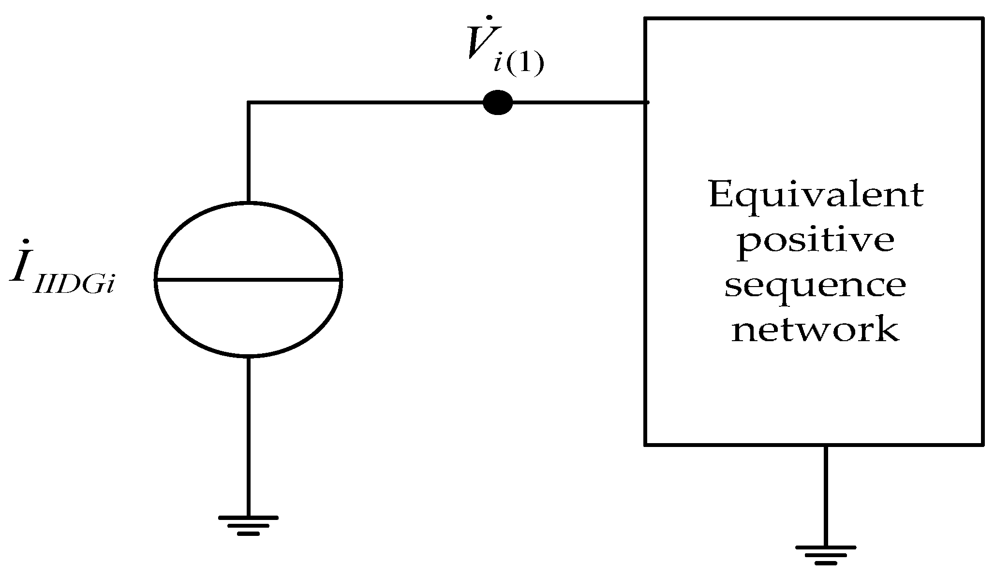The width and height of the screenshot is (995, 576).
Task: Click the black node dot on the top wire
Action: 498,102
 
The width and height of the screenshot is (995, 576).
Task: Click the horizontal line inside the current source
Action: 248,279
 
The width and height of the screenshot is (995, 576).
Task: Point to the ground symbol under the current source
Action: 248,524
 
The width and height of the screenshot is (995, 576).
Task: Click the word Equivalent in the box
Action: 816,196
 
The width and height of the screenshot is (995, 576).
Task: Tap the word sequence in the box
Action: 816,286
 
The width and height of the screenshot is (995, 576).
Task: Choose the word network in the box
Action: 816,330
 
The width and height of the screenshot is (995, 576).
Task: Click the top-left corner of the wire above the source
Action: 249,102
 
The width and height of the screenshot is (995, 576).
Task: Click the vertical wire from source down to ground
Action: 248,435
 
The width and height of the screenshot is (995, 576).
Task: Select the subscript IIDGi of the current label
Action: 75,286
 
